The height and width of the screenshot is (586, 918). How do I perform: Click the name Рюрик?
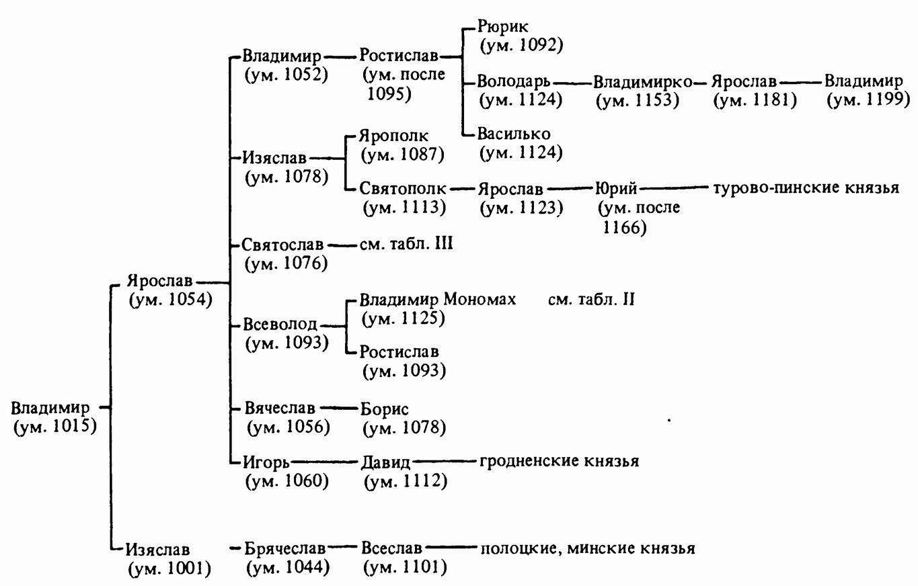click(503, 27)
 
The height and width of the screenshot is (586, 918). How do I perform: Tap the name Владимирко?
click(642, 82)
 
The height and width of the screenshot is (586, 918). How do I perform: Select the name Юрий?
click(617, 188)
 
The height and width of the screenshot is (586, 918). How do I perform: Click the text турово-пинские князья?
click(806, 187)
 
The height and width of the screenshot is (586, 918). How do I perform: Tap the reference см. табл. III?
click(401, 243)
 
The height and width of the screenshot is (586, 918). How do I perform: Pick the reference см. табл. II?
click(591, 299)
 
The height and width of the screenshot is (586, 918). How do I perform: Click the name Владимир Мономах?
click(438, 299)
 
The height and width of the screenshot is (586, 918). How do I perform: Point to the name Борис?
click(385, 409)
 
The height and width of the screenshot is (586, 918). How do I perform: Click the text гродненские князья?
click(558, 462)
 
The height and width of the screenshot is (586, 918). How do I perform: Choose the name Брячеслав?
click(285, 548)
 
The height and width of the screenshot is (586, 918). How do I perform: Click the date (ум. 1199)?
click(868, 99)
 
